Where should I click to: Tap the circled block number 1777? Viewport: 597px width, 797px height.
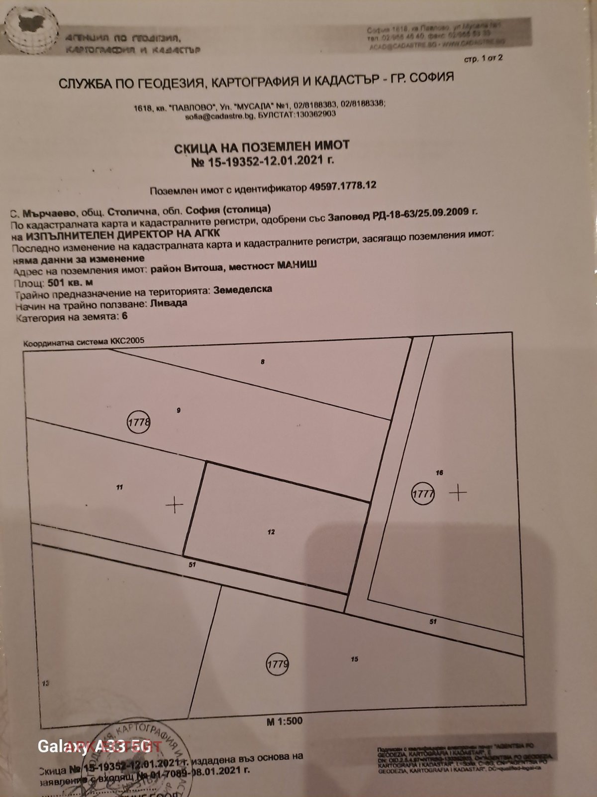pos(423,494)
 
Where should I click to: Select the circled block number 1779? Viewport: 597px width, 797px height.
pos(278,664)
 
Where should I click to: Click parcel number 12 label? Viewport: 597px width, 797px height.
pos(271,532)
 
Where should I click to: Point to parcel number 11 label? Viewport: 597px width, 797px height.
pos(119,488)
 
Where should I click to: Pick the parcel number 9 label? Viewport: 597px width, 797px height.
pos(178,410)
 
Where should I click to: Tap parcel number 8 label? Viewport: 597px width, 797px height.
pos(262,362)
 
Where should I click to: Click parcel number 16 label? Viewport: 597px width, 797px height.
pos(439,473)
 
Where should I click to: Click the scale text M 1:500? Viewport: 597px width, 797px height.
pos(284,721)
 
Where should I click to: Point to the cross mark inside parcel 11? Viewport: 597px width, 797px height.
pos(174,505)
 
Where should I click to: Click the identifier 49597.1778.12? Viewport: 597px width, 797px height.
pos(343,185)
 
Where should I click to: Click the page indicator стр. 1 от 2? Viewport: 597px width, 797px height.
pos(483,58)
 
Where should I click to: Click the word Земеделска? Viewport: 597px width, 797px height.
pos(243,290)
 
